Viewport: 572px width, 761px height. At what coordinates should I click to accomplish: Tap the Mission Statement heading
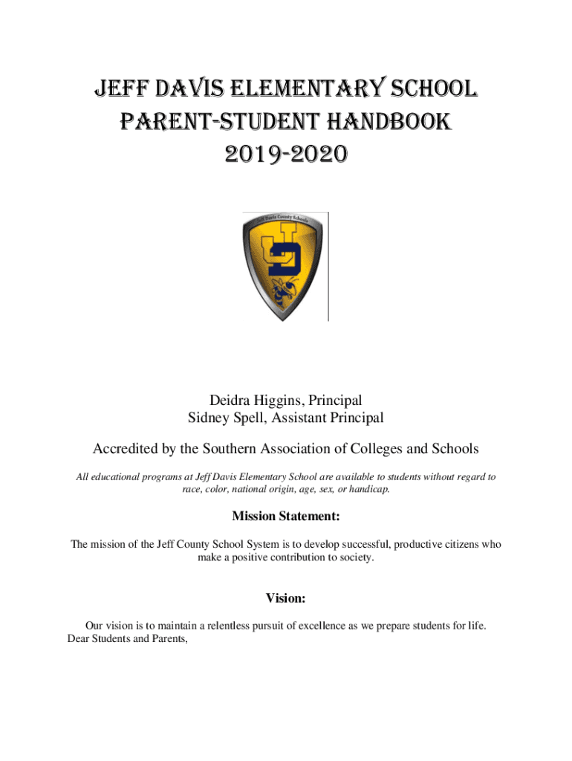click(x=286, y=516)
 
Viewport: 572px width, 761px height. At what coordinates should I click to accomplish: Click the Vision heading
click(x=286, y=598)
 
